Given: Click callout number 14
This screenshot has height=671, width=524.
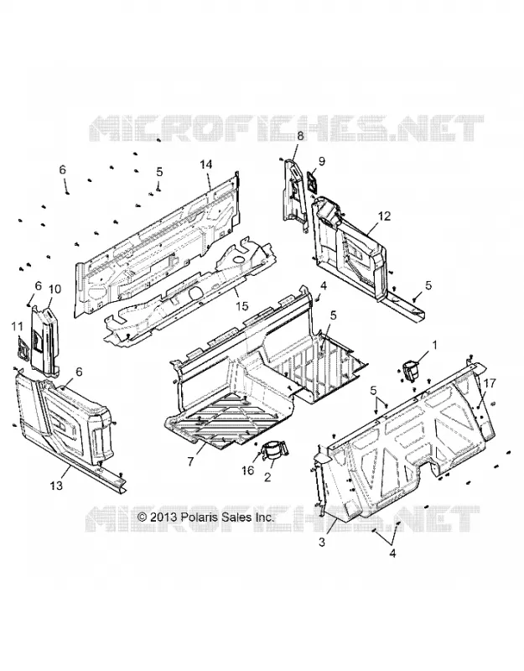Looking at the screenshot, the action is (x=206, y=164).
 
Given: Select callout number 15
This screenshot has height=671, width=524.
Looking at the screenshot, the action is (x=241, y=306).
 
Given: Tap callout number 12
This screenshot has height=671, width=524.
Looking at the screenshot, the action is (x=385, y=216).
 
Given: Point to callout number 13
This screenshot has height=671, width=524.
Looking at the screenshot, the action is (x=56, y=486).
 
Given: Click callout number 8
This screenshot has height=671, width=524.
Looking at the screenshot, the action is (x=300, y=136).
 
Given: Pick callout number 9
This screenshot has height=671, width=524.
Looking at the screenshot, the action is (x=322, y=161).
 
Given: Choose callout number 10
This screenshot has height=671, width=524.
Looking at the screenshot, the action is (x=54, y=289).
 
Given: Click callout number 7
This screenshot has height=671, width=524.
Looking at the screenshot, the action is (x=191, y=461).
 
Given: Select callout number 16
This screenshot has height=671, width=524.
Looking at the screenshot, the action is (x=248, y=471).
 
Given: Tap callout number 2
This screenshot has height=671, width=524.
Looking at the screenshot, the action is (x=267, y=476).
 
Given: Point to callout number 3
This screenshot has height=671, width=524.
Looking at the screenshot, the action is (x=322, y=542).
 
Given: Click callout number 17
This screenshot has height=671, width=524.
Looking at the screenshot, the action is (x=490, y=383).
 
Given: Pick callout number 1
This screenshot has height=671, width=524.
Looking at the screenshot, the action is (x=435, y=344).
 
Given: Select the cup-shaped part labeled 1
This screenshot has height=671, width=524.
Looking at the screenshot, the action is (x=412, y=370).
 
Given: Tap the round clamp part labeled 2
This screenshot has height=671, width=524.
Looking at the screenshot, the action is (x=275, y=453).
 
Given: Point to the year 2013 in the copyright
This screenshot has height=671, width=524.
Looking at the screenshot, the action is (x=163, y=517).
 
